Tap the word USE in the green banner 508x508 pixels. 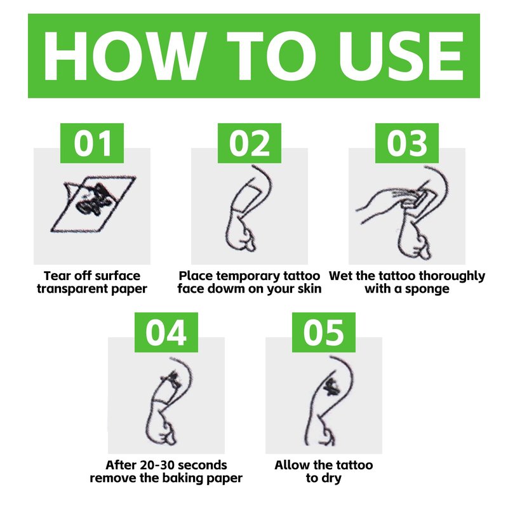click(x=401, y=56)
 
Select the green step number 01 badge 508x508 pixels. click(x=92, y=143)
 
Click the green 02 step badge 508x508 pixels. click(x=250, y=143)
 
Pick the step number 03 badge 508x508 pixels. click(x=407, y=143)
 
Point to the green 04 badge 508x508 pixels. click(x=166, y=332)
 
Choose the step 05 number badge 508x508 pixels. click(x=324, y=332)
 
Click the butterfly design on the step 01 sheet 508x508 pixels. click(x=93, y=200)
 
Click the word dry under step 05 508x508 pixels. click(x=331, y=479)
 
